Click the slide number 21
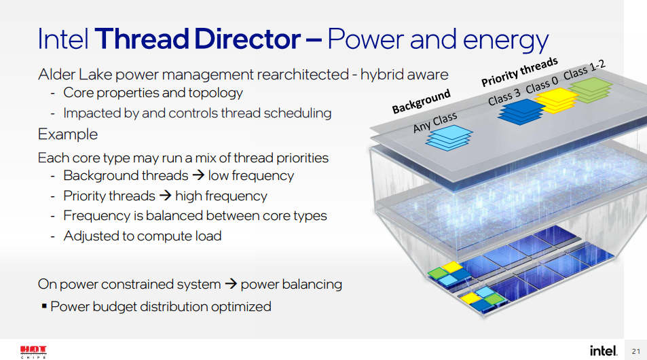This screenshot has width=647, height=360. (636, 351)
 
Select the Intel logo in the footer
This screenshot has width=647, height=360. (603, 350)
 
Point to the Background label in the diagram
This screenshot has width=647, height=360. (421, 102)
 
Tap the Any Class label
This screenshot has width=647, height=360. (435, 123)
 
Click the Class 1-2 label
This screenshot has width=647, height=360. (584, 69)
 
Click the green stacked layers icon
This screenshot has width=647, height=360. (590, 90)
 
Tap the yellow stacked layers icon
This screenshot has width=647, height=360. (555, 102)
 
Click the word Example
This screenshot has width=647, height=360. (68, 134)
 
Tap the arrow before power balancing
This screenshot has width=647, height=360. (231, 284)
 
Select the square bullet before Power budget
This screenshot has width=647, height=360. (44, 306)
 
